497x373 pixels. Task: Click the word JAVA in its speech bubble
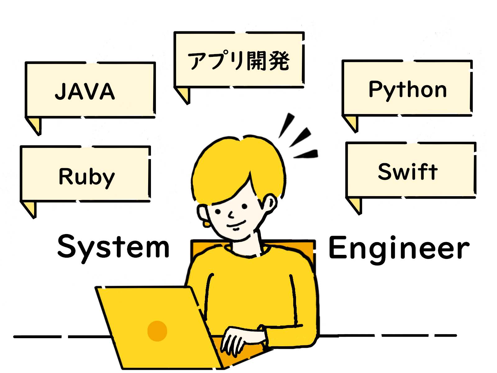(85, 91)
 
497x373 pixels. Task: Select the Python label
(408, 90)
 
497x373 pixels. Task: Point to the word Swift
(408, 172)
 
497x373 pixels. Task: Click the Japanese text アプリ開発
(239, 61)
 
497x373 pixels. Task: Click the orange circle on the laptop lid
(157, 331)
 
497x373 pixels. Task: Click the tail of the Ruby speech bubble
(30, 208)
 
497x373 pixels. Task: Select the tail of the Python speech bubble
(352, 122)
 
